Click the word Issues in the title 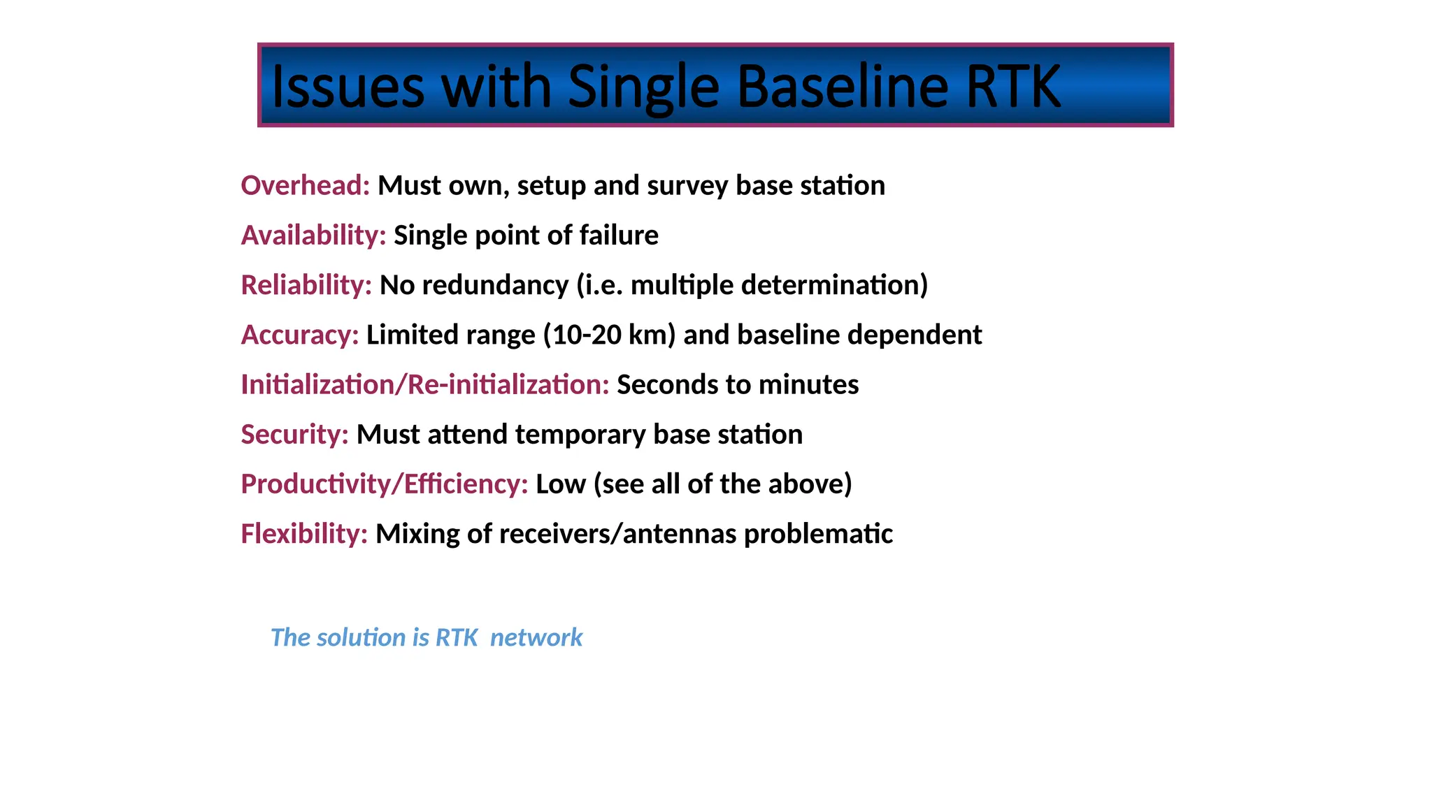[x=348, y=87]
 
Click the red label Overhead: [x=306, y=186]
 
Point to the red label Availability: [x=313, y=235]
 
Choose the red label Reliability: [x=306, y=285]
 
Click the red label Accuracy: [x=300, y=335]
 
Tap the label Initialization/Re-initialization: [x=425, y=384]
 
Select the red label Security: [x=294, y=435]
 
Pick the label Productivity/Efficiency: [x=385, y=484]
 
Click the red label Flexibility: [x=304, y=534]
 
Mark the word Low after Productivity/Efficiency [x=560, y=484]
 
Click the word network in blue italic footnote [x=536, y=637]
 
